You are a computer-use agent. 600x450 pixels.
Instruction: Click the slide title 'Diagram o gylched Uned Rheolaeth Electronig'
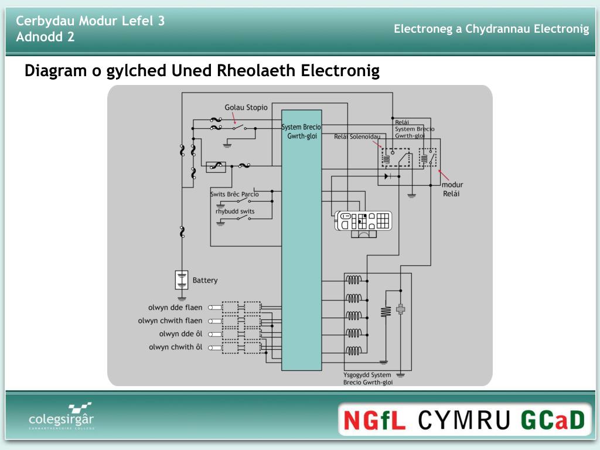202,71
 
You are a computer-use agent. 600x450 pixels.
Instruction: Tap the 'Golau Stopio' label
246,107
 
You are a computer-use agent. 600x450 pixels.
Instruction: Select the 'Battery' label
205,281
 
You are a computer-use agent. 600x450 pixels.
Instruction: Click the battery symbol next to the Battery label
182,280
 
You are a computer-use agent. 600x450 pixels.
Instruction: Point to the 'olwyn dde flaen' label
175,308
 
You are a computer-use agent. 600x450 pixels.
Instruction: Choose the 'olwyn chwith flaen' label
170,321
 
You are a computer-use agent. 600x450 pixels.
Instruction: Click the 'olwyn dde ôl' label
180,334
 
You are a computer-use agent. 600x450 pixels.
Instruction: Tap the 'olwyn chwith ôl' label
175,347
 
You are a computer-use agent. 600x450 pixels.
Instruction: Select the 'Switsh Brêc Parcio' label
234,194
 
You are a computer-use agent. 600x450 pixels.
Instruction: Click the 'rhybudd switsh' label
235,212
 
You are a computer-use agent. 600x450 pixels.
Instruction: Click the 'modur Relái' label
452,189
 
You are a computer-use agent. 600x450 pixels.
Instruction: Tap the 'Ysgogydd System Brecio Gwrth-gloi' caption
368,379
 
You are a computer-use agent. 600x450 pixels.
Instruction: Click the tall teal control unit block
301,246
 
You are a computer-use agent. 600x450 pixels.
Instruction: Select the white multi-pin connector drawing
363,221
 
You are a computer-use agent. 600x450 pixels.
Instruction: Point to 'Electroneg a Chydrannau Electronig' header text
491,29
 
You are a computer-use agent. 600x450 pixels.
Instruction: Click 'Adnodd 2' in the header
45,37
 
